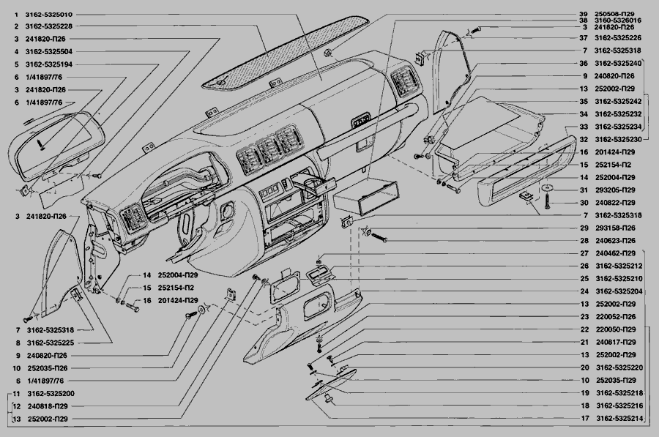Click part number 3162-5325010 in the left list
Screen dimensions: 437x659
(x=50, y=15)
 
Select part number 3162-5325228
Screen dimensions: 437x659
(x=50, y=27)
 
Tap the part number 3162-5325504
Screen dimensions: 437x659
(x=50, y=52)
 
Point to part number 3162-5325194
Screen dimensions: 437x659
(x=50, y=64)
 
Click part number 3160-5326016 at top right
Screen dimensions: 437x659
(x=619, y=20)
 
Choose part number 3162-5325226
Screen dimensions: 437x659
(x=618, y=37)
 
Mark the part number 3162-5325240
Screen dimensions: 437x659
(x=618, y=64)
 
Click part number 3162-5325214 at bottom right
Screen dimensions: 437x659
(x=618, y=419)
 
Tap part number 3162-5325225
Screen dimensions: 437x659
(x=50, y=342)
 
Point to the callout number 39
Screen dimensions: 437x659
(x=583, y=13)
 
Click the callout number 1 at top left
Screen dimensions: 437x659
(x=15, y=15)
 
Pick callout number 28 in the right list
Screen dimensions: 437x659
(x=583, y=241)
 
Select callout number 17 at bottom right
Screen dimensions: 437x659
(x=585, y=419)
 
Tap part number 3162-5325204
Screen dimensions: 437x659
(x=618, y=291)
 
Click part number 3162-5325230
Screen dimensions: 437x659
(x=618, y=139)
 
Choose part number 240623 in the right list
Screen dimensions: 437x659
(x=614, y=241)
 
